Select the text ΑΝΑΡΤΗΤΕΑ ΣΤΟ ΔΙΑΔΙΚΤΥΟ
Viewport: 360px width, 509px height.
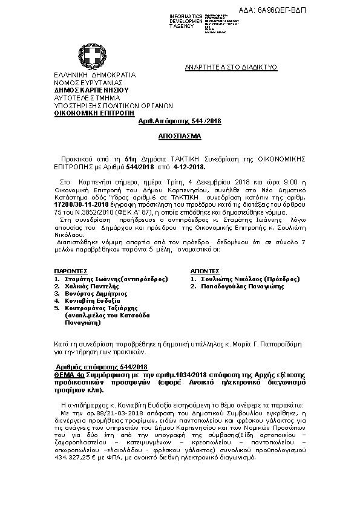tap(231, 68)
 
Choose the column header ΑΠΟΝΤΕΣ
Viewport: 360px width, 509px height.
tap(205, 271)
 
